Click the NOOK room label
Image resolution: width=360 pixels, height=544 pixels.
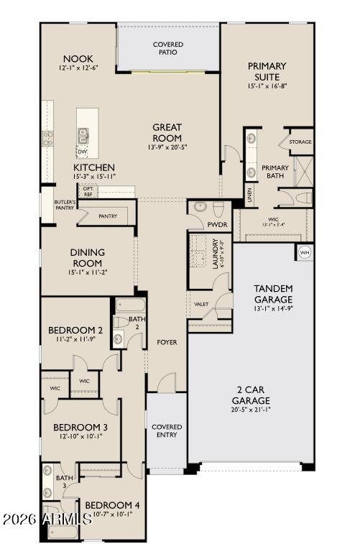(x=78, y=58)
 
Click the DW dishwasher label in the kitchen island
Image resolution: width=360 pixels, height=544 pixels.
(x=83, y=152)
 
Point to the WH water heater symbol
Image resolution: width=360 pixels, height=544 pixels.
(x=304, y=252)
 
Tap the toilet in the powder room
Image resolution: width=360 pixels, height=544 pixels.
(x=200, y=208)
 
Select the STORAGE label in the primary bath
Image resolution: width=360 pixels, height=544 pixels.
(x=300, y=142)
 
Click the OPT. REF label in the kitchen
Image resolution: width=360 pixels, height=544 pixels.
(x=88, y=191)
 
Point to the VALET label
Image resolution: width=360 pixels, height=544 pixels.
(x=201, y=304)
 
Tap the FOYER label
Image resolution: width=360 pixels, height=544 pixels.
(x=167, y=342)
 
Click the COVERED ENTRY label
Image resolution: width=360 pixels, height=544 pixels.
(x=167, y=431)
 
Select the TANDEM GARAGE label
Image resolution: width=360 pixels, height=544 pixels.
(x=273, y=294)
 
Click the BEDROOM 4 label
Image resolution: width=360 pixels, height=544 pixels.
(x=112, y=504)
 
